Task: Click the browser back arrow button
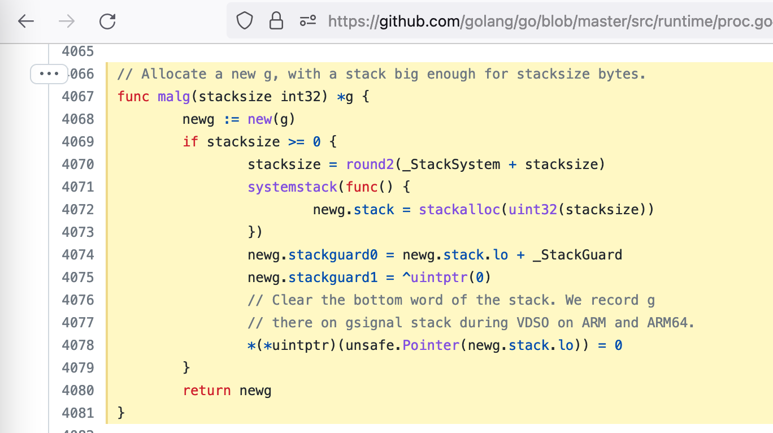pos(26,21)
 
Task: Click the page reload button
pos(107,21)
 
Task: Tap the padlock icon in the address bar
pos(276,21)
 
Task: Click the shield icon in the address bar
pos(244,21)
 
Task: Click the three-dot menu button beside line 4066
pos(49,73)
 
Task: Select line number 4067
pos(77,97)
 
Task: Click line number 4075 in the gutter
pos(77,278)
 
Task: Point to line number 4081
pos(77,413)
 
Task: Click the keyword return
pos(206,391)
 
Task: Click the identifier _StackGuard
pos(577,255)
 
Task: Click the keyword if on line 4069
pos(190,142)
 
